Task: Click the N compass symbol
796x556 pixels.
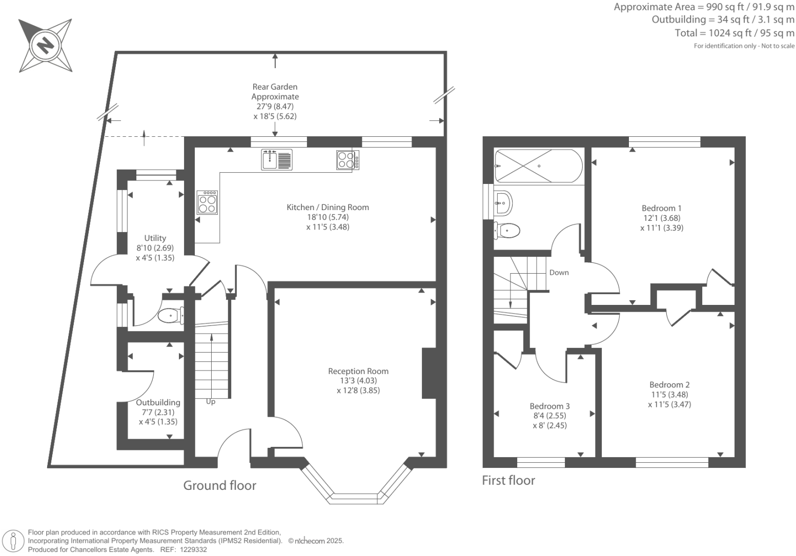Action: point(45,45)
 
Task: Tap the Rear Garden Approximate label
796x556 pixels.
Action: point(275,92)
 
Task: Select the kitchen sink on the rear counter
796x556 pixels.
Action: point(276,159)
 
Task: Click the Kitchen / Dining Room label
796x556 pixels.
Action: point(328,208)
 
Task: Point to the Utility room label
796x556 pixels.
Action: point(155,238)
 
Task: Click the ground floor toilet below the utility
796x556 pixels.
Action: point(171,315)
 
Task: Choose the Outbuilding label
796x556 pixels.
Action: point(158,403)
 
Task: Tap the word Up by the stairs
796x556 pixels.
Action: point(211,402)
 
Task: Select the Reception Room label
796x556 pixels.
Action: point(358,372)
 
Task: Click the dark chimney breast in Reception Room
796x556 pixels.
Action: point(428,373)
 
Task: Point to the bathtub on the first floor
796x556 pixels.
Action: point(538,166)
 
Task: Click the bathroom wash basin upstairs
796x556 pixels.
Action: point(503,203)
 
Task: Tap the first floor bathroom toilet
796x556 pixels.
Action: point(507,231)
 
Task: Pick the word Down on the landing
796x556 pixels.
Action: point(559,273)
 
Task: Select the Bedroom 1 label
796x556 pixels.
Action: point(662,209)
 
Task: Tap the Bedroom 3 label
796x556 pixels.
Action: point(549,406)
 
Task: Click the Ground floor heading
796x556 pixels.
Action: point(219,485)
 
